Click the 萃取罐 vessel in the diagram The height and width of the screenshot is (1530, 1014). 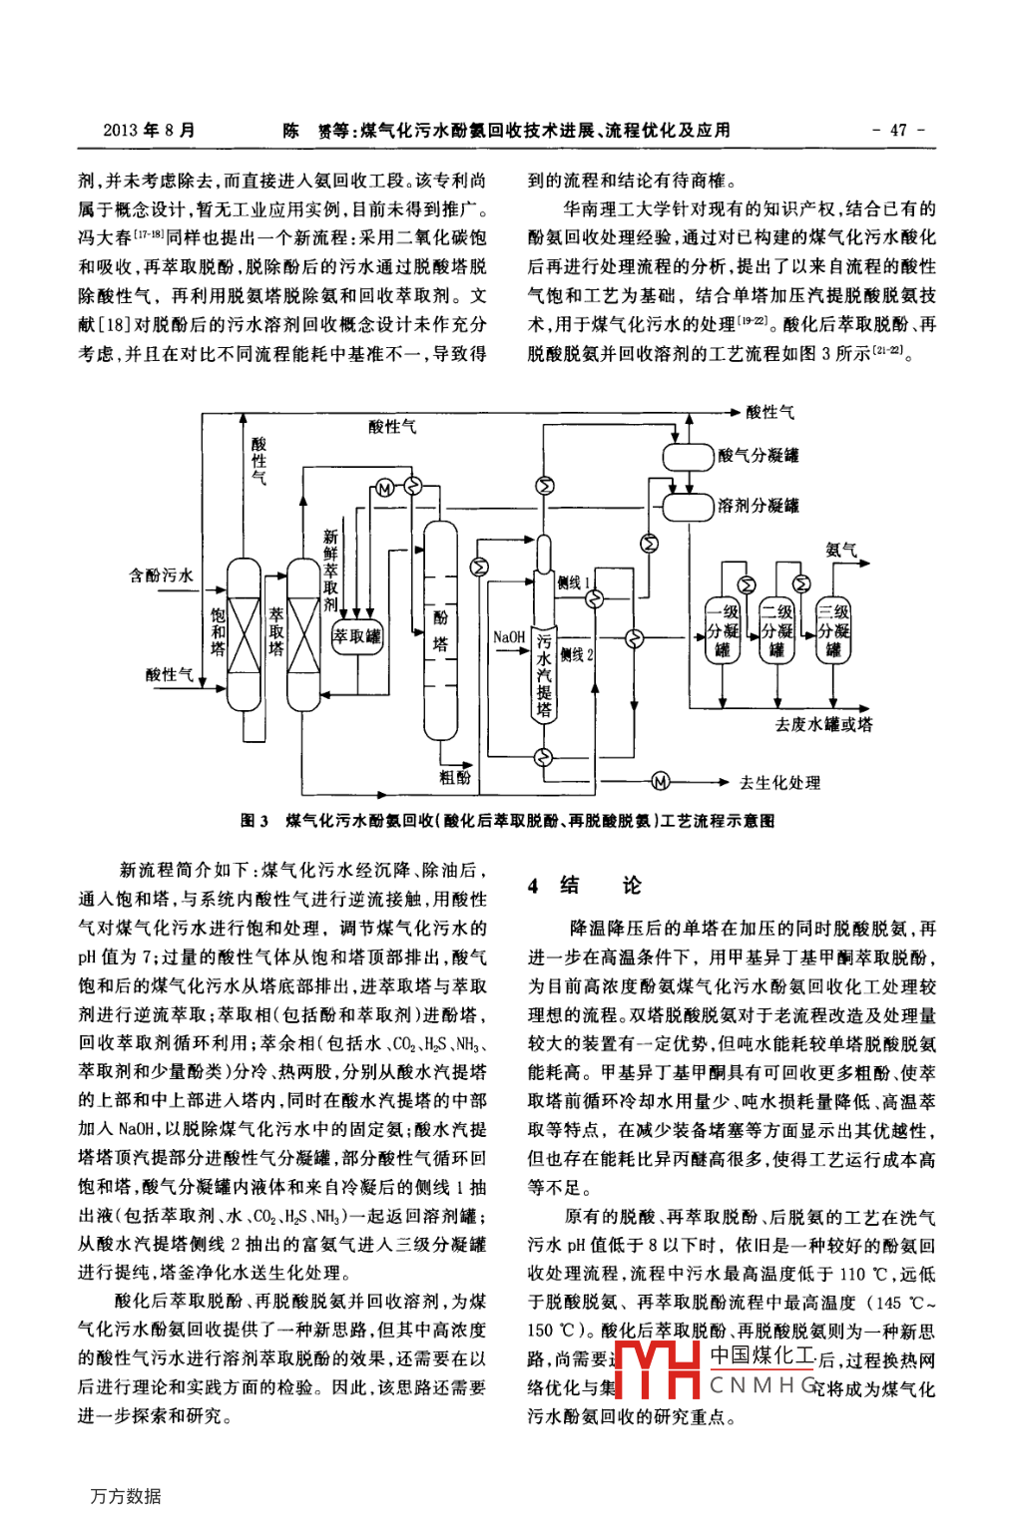pos(356,635)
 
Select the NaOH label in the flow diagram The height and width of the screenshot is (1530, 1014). pos(509,636)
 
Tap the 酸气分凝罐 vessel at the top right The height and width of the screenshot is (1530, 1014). pos(689,456)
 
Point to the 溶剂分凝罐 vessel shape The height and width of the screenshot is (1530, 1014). pos(689,506)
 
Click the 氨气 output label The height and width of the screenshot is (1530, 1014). pos(841,550)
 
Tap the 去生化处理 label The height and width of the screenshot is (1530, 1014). pos(779,782)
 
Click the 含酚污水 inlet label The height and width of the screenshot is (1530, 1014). pos(161,575)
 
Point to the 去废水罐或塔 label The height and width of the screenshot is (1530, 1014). pos(823,724)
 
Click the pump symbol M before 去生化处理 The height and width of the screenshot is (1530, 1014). pos(660,781)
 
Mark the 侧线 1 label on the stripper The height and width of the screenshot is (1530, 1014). pos(574,582)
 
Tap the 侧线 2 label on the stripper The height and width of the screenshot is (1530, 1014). pos(576,655)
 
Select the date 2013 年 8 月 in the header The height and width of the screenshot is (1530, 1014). pos(149,130)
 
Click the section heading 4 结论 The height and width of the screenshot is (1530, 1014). pos(585,885)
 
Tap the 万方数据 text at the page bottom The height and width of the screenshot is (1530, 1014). pos(125,1495)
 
